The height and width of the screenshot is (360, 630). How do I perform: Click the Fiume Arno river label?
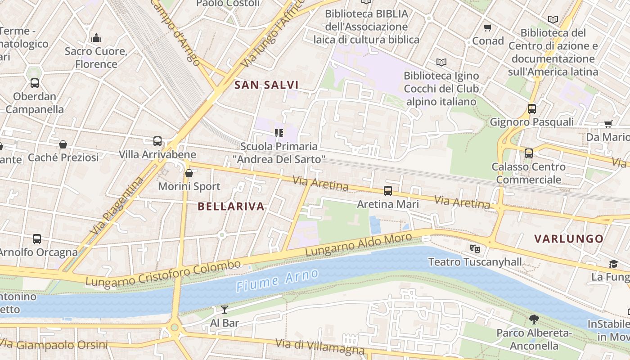277,280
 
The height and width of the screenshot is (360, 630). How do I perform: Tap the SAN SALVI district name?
266,85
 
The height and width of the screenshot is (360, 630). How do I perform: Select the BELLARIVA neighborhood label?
231,207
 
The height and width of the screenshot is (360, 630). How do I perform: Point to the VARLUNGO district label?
569,239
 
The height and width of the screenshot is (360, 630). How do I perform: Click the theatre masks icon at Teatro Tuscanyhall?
474,248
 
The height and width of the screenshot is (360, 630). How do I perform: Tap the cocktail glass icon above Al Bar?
224,309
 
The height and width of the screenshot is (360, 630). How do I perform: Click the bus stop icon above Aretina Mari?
388,190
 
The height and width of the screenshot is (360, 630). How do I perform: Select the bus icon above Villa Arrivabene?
157,141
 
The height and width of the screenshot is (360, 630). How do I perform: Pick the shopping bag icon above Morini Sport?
189,173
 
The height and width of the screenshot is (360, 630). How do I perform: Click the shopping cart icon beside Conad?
487,28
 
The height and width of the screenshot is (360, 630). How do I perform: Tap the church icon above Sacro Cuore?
96,38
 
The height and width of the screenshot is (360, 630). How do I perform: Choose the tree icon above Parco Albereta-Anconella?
534,319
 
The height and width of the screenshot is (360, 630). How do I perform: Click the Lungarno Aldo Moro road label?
358,245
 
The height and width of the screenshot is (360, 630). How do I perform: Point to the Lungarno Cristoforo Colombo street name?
163,273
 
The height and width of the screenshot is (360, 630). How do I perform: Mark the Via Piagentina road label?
117,206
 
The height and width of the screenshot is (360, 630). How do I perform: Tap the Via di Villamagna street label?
319,346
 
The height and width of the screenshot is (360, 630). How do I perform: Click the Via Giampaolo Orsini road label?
54,345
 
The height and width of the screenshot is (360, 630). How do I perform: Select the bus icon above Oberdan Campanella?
35,83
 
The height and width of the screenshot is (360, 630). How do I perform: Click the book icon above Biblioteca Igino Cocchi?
441,62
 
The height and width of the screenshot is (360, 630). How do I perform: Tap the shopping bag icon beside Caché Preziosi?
63,144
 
